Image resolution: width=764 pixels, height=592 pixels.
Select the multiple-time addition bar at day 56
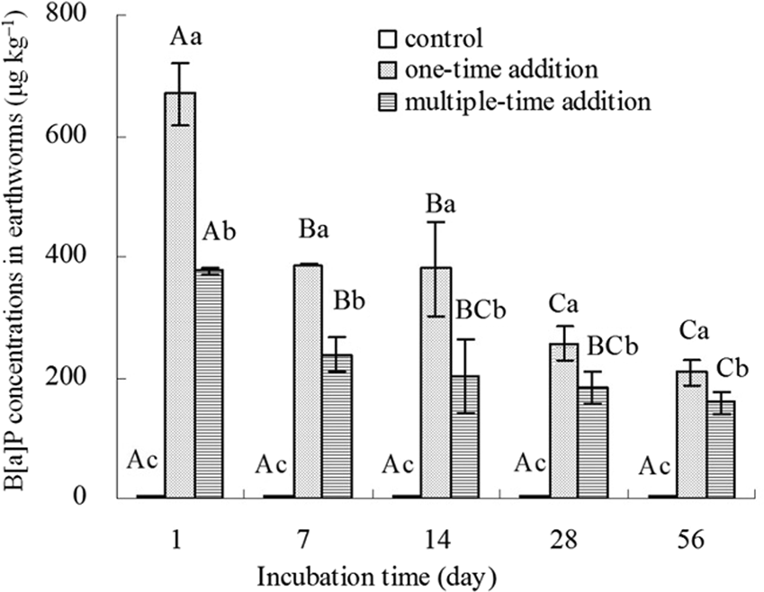[x=721, y=449]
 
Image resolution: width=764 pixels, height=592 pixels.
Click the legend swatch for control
[x=387, y=39]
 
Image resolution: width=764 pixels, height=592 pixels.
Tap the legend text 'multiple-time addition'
[x=527, y=100]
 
